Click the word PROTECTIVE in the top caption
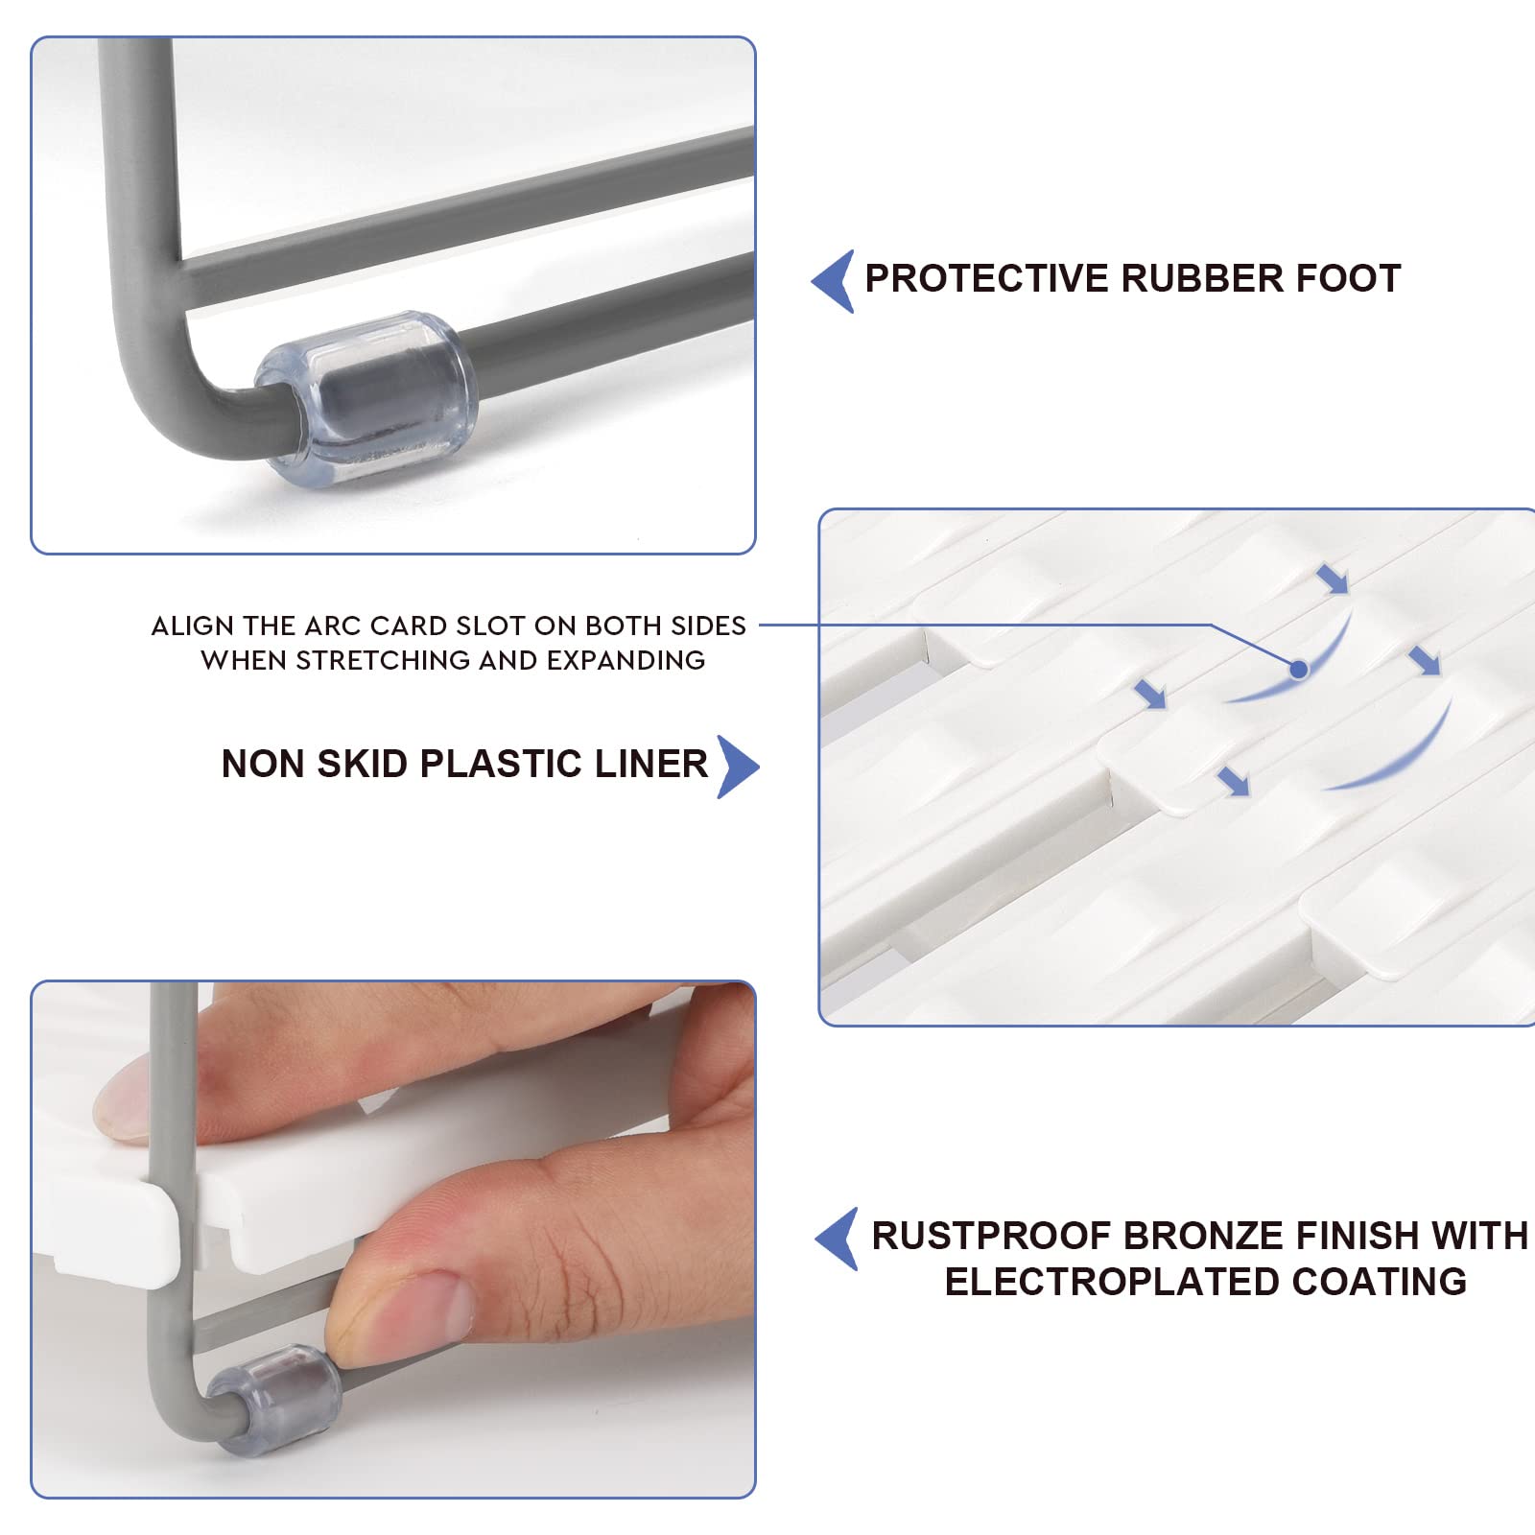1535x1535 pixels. tap(987, 278)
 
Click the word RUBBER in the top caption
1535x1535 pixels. tap(1203, 278)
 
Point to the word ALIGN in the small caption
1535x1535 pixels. tap(193, 626)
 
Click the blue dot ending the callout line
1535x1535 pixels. tap(1299, 669)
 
